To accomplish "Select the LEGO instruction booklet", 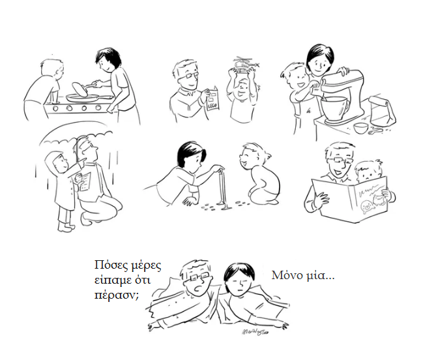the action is [213, 98].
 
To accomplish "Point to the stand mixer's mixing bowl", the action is [334, 108].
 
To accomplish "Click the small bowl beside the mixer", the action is [360, 128].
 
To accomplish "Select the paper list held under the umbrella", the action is [85, 181].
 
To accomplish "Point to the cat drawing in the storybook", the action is [377, 200].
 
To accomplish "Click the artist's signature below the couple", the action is [255, 332].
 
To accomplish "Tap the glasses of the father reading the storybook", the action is [339, 161].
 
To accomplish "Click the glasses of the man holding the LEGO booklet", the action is [189, 76].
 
